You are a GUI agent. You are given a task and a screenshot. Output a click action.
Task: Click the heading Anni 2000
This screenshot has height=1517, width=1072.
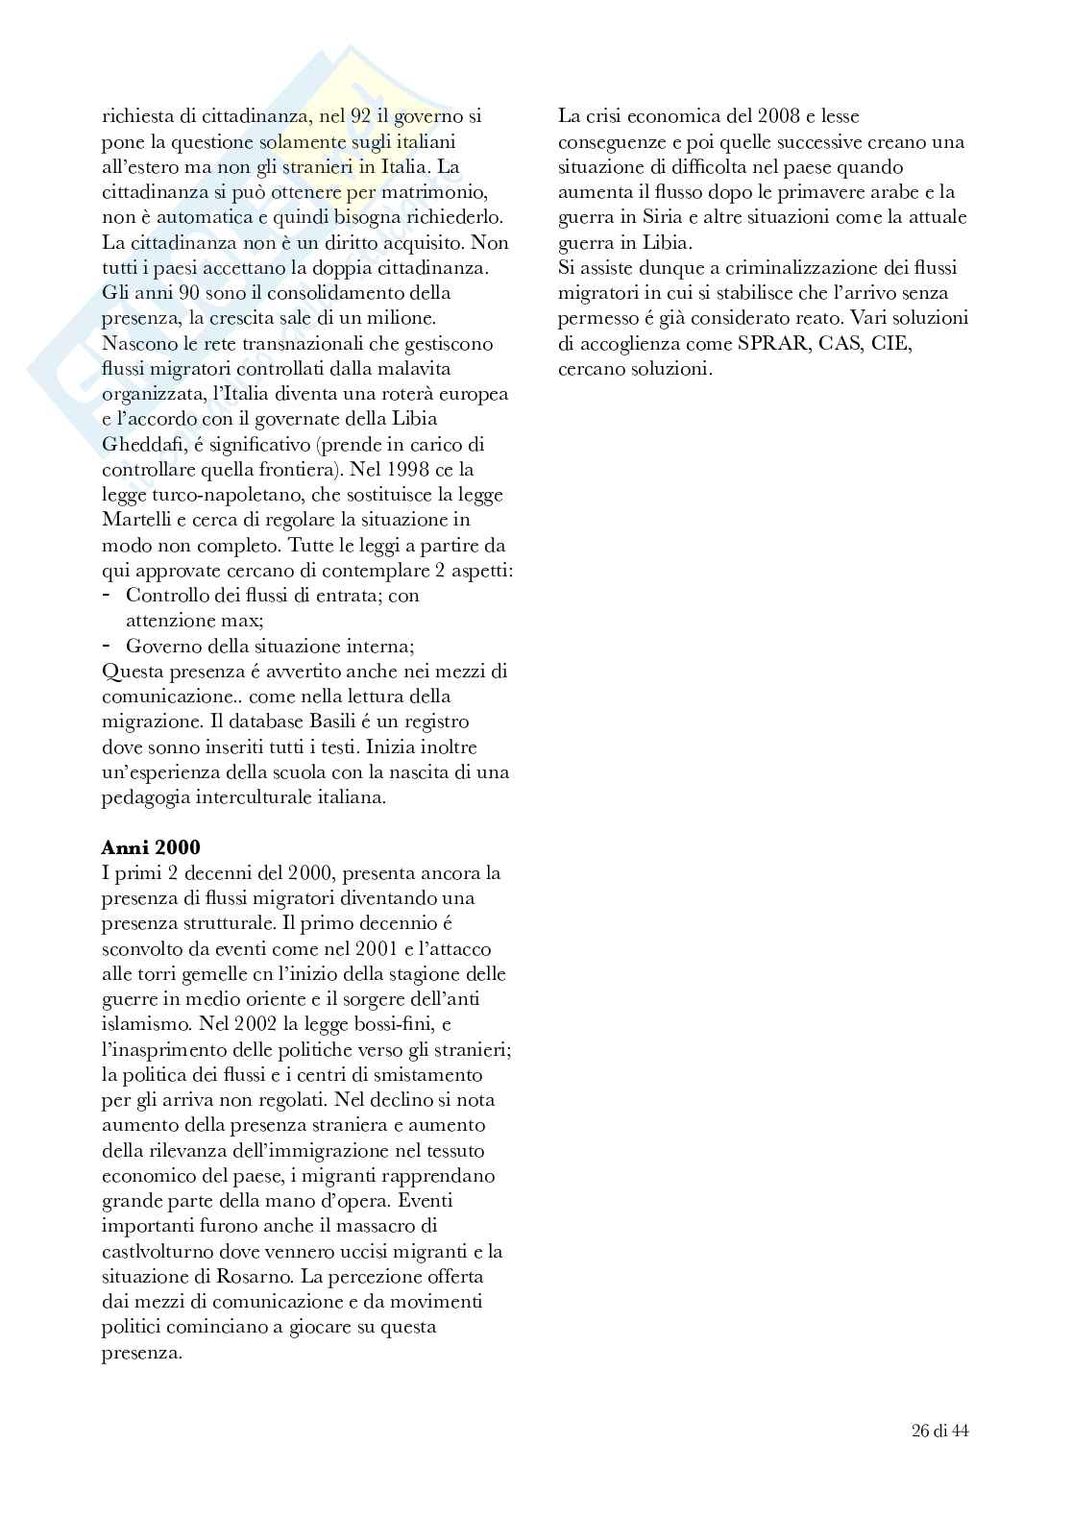(x=151, y=847)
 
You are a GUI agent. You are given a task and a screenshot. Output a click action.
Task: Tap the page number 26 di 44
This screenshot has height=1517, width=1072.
(x=939, y=1430)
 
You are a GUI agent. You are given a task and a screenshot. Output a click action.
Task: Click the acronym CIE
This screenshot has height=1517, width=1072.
(x=890, y=343)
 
